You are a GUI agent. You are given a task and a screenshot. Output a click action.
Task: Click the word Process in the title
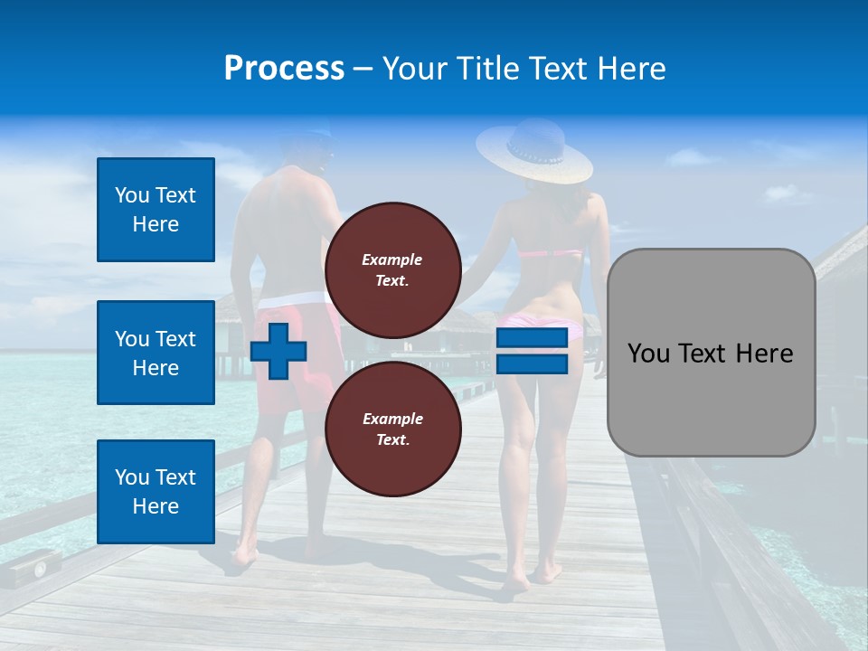click(284, 68)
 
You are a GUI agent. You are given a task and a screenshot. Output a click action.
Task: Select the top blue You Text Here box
click(156, 210)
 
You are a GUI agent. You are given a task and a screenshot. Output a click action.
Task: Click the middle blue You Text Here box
click(156, 353)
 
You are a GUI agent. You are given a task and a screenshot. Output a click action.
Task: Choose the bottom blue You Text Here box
click(156, 492)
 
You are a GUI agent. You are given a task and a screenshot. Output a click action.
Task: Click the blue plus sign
click(278, 352)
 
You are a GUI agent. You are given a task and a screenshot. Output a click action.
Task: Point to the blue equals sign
click(531, 352)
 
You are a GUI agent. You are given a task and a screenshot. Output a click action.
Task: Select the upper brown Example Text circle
click(392, 270)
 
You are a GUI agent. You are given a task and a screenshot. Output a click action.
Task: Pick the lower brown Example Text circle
click(392, 429)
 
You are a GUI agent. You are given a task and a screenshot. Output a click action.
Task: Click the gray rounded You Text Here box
click(711, 352)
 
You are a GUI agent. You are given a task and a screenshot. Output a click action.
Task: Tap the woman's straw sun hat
click(534, 150)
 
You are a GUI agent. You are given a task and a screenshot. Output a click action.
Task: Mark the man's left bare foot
click(243, 553)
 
